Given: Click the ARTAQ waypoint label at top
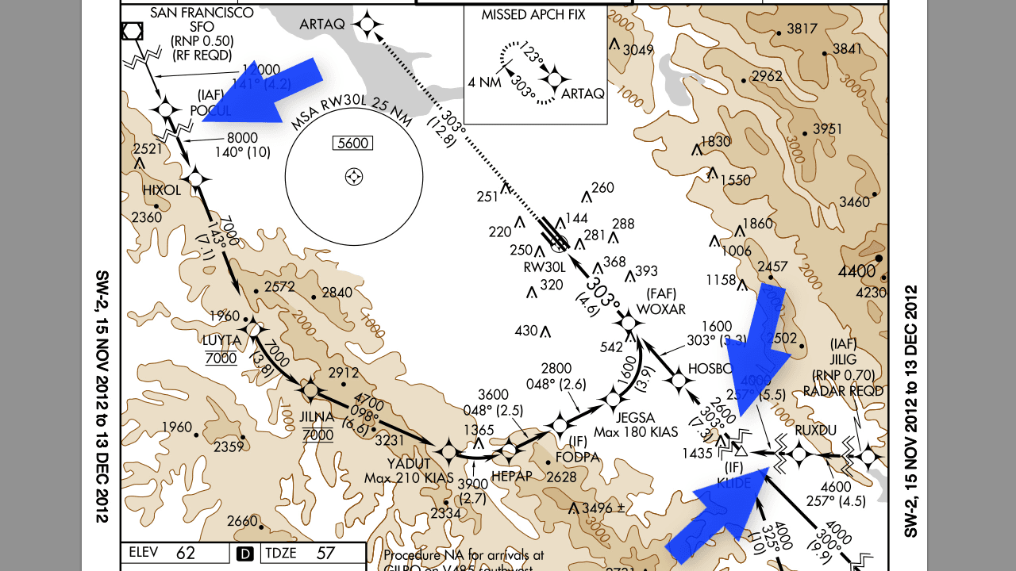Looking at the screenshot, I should [321, 25].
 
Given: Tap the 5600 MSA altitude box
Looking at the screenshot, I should [353, 144].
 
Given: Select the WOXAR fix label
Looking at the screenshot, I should [660, 308].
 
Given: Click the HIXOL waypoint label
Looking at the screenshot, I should [162, 190].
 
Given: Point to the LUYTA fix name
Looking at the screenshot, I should [221, 340].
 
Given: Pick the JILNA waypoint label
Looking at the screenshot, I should [317, 417].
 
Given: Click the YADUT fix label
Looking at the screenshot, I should [409, 464].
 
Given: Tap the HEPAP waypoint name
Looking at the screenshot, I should [511, 476].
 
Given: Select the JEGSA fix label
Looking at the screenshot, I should [635, 418].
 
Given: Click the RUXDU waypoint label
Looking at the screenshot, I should [816, 431].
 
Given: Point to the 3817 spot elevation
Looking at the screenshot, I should [802, 29].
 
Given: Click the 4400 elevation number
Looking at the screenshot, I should [856, 271].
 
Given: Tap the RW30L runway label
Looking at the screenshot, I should [544, 266].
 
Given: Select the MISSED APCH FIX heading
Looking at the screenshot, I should [533, 15].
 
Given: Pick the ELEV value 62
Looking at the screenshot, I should [186, 554].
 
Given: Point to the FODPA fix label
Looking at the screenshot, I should [578, 457].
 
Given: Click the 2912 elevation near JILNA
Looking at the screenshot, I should [344, 373].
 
